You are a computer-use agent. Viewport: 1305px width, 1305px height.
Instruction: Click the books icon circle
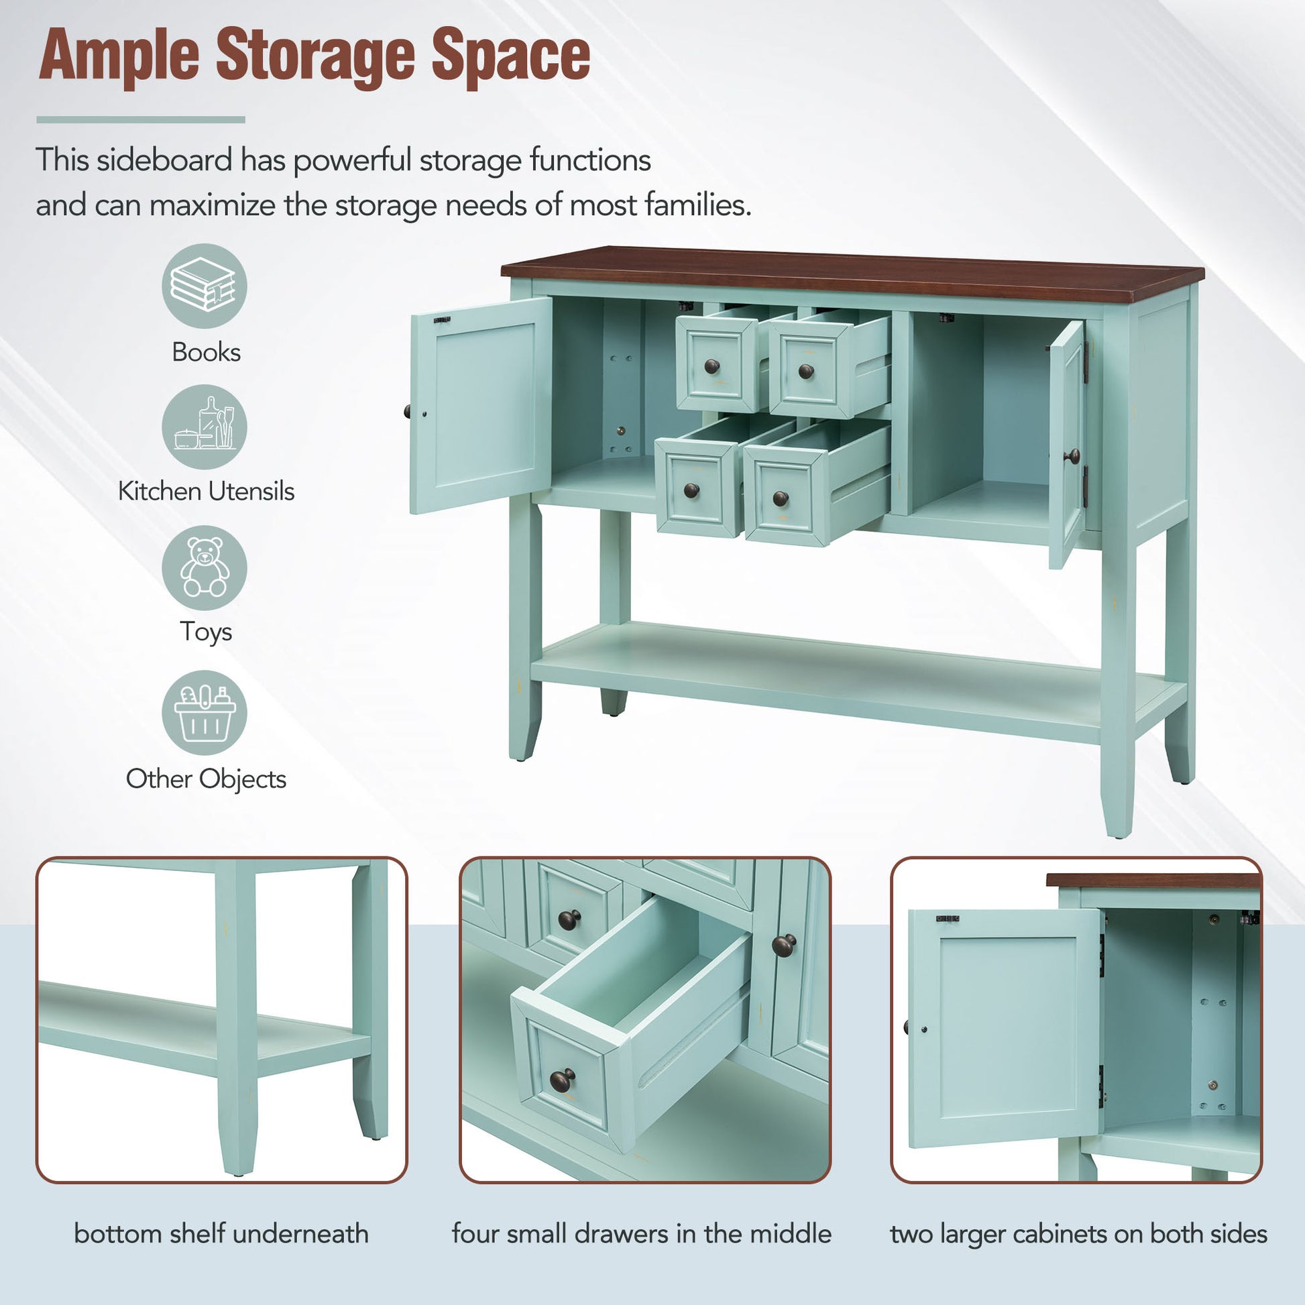[204, 286]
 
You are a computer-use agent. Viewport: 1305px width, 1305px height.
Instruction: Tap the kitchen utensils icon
[204, 427]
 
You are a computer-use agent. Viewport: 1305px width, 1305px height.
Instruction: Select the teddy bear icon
[204, 567]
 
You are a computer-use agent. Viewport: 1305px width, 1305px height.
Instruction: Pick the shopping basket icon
[204, 713]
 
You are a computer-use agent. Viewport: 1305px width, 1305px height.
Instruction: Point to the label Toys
[205, 632]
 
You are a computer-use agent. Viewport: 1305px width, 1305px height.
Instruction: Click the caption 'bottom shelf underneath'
[221, 1234]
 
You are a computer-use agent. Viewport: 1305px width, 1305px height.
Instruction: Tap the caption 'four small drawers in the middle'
[641, 1234]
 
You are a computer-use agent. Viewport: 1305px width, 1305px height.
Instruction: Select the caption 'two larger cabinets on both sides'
[1078, 1234]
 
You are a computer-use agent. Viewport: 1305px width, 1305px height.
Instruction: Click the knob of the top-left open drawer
[712, 367]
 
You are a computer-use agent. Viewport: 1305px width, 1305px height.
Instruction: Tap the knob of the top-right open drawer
[805, 371]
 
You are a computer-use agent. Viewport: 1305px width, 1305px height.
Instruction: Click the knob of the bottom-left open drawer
[691, 490]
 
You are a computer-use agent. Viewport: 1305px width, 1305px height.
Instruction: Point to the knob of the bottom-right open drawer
[780, 499]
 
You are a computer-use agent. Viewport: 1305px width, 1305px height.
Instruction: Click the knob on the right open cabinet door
[1071, 457]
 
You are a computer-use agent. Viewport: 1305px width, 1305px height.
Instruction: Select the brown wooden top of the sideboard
[851, 274]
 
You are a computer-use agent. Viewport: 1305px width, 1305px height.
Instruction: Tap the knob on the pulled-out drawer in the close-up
[562, 1080]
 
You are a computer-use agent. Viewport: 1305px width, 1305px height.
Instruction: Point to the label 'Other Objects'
[205, 779]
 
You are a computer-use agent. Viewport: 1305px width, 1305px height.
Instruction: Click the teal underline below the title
[141, 119]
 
